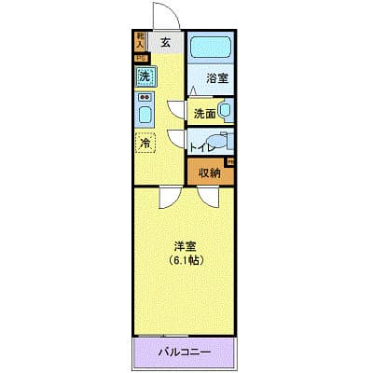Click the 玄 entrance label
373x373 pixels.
click(165, 41)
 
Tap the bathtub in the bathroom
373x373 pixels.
click(211, 47)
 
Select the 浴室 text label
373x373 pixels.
click(216, 79)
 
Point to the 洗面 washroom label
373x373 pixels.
click(205, 114)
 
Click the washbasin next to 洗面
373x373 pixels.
click(225, 111)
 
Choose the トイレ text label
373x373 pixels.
click(202, 147)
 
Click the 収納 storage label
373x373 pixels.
click(209, 172)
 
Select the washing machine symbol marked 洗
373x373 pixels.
click(145, 76)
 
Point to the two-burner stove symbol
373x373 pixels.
click(145, 96)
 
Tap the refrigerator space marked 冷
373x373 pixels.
click(145, 143)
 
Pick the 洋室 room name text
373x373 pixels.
click(185, 246)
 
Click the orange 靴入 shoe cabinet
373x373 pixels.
click(140, 40)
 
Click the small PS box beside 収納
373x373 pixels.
click(230, 162)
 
